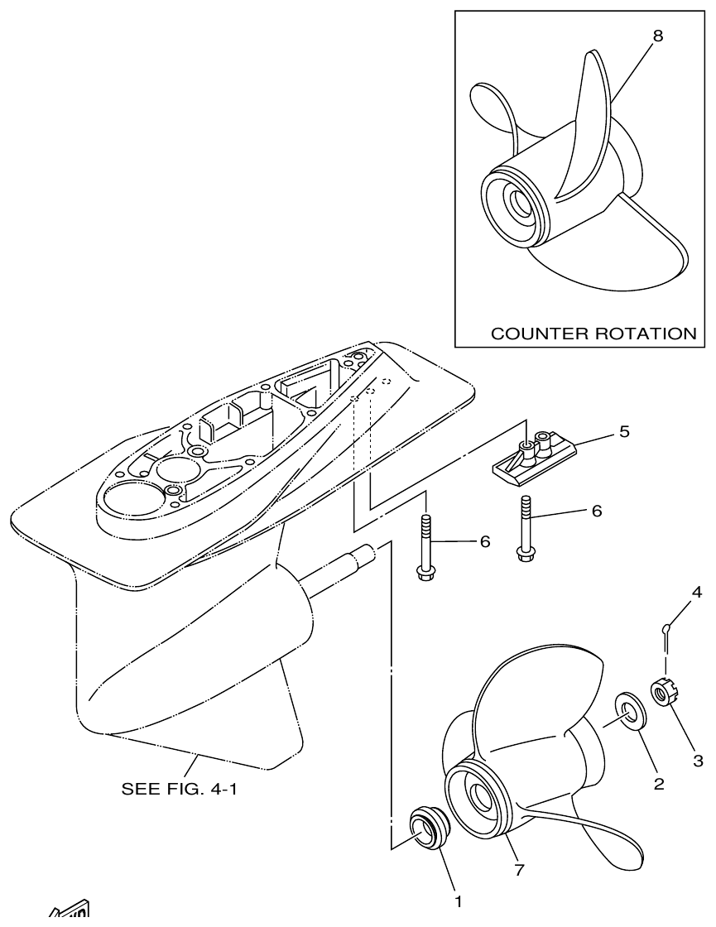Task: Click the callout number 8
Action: (657, 36)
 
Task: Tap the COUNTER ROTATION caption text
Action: (593, 334)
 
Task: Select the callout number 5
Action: (624, 432)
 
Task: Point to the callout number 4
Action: (697, 592)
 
